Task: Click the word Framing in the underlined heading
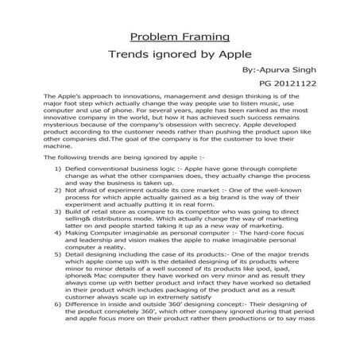click(202, 37)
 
